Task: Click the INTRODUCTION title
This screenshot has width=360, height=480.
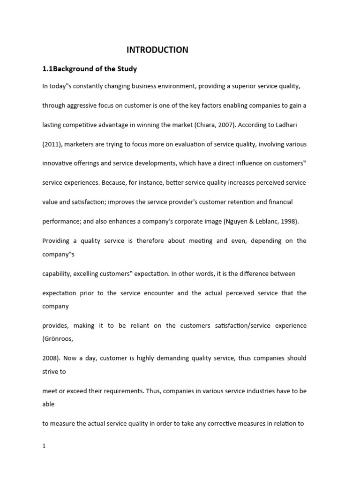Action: point(157,50)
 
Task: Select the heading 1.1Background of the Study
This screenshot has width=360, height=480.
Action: point(90,69)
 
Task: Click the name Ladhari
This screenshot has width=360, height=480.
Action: point(295,125)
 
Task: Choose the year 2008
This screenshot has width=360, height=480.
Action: point(50,358)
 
